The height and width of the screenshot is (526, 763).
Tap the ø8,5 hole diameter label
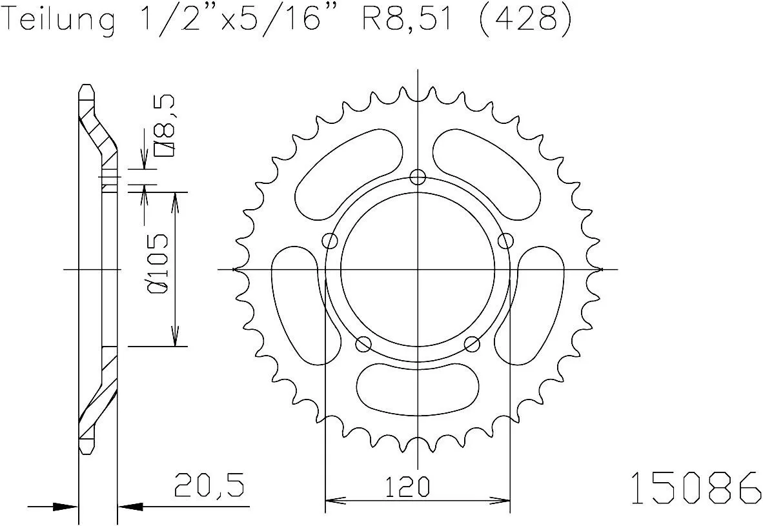164,126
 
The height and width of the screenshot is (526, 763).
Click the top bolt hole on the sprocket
418,176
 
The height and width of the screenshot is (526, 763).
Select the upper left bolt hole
331,241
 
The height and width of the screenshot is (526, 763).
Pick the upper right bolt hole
505,241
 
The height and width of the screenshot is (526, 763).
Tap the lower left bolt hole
364,343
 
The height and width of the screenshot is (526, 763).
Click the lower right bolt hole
473,343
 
